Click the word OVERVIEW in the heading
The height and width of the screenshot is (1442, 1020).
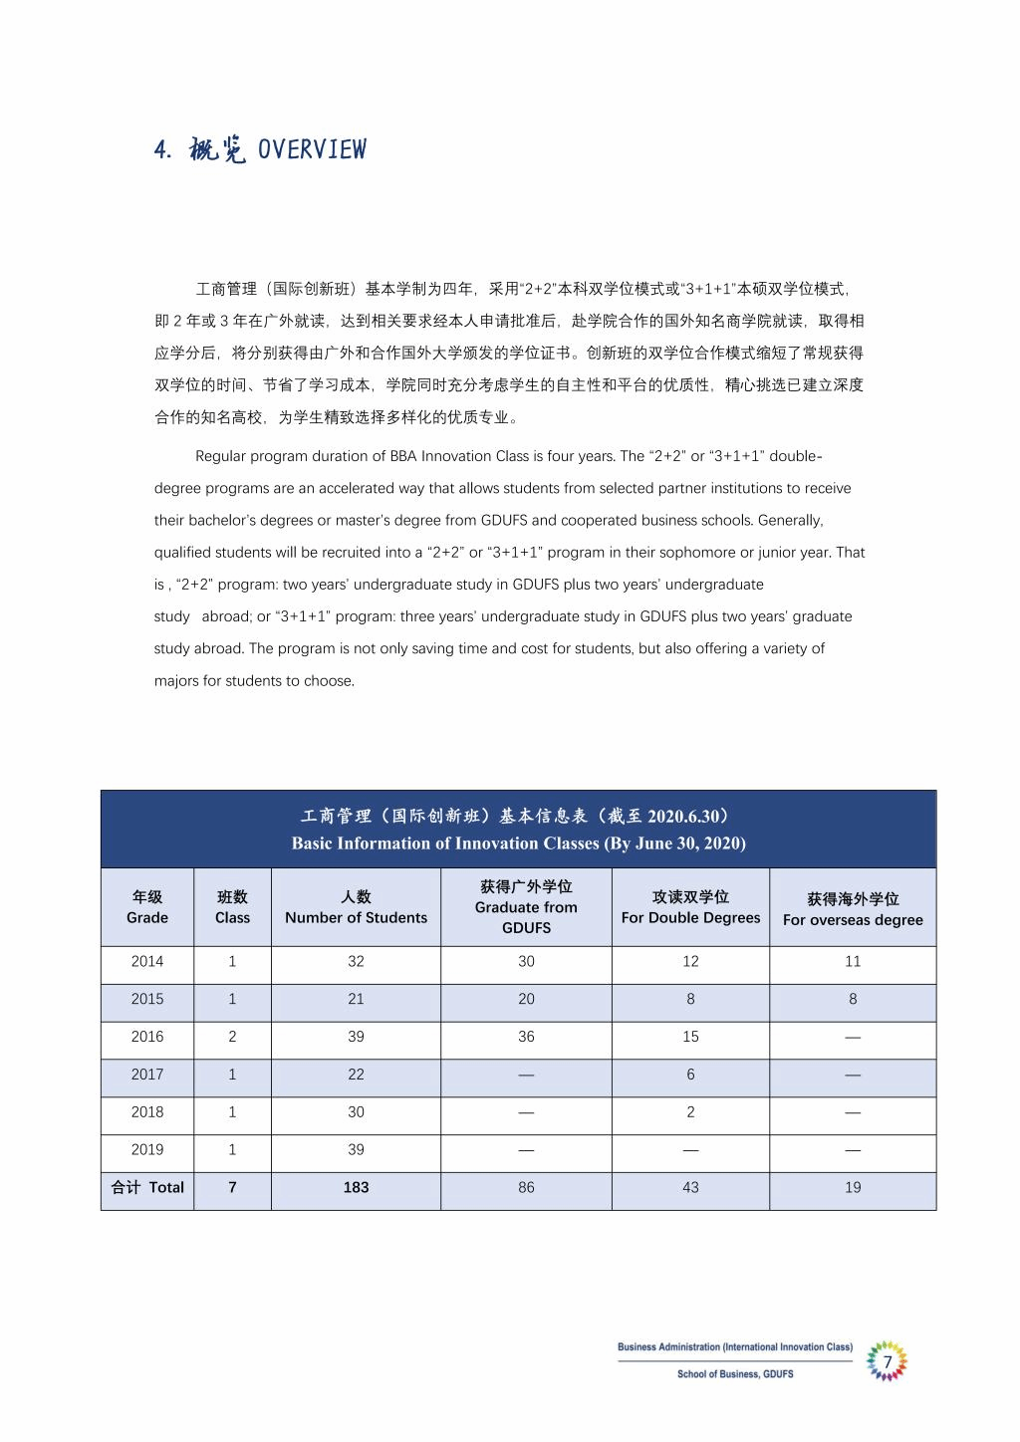312,149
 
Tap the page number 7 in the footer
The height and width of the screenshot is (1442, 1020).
887,1361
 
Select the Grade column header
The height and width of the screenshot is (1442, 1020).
147,907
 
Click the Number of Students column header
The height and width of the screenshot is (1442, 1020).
356,907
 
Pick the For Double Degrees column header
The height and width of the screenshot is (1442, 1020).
690,907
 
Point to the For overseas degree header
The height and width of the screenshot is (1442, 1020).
853,909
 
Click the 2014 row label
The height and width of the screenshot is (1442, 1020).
147,961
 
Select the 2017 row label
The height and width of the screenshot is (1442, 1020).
147,1075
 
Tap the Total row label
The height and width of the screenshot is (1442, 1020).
147,1187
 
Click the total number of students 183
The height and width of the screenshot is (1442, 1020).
356,1187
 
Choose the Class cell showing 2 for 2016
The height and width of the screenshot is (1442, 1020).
232,1037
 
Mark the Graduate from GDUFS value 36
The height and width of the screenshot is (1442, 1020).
526,1037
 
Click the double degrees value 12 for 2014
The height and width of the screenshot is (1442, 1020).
690,961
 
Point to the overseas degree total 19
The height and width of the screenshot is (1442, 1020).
853,1187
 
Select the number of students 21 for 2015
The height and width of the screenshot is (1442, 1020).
356,999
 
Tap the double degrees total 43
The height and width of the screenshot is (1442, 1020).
690,1187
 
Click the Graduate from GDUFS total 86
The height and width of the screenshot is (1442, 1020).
526,1187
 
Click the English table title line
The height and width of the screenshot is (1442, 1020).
518,843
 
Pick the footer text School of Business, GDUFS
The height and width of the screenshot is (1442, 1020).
735,1374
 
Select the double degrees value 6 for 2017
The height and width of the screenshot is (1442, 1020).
690,1075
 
